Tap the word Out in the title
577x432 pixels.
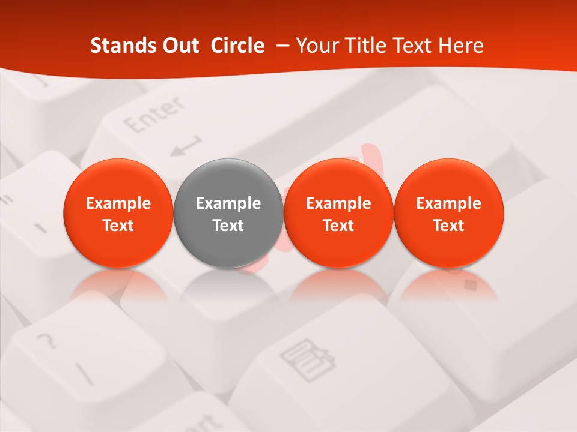tap(180, 46)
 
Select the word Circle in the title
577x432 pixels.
tap(237, 46)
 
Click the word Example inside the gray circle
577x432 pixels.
tap(228, 204)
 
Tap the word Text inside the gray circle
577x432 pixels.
tap(228, 226)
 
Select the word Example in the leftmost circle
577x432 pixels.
tap(118, 204)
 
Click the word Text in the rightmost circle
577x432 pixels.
tap(449, 226)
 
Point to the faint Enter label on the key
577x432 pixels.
tap(154, 116)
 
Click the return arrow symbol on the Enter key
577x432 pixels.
tap(185, 146)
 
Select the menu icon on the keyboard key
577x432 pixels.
tap(307, 359)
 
